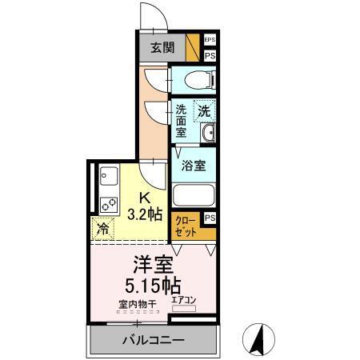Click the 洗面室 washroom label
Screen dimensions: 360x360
coord(181,122)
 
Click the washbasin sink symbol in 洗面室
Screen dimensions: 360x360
coord(207,134)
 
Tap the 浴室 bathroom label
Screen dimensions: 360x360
coord(193,166)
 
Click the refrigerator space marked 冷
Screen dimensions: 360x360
coord(102,229)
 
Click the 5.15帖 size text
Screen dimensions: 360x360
coord(153,285)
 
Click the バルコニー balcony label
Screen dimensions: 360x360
coord(154,340)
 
